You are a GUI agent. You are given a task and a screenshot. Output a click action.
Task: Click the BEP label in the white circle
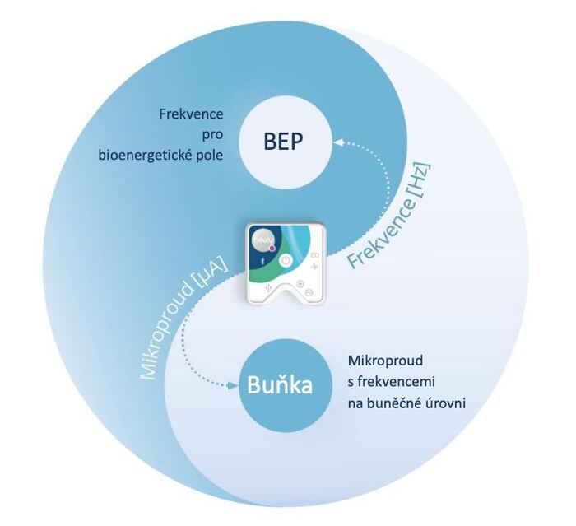point(284,142)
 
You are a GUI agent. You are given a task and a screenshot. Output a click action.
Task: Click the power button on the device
point(286,260)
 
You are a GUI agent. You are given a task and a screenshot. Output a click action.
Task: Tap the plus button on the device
point(300,283)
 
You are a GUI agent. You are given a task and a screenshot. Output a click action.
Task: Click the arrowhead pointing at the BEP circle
point(333,142)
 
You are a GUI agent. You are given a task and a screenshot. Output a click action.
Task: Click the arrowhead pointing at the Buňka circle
point(231,384)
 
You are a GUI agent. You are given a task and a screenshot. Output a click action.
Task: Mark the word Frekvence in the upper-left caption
point(192,113)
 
